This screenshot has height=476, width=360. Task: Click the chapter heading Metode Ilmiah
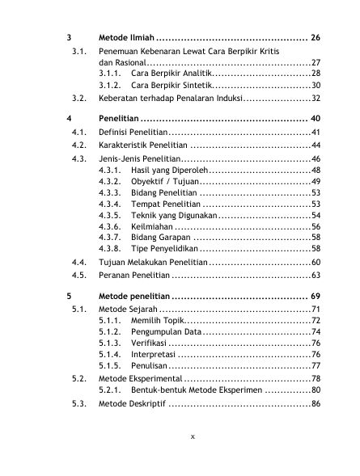point(125,38)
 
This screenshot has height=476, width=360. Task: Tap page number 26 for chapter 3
point(316,38)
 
